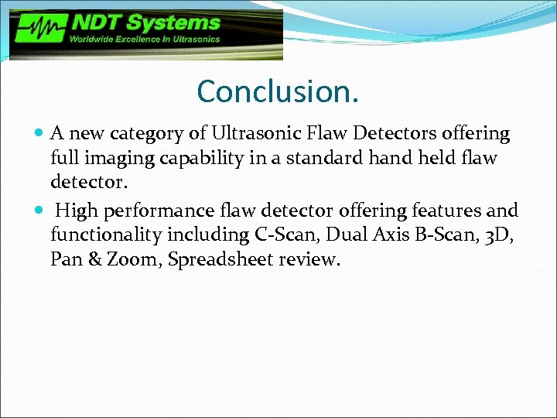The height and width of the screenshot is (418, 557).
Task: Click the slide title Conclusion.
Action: [x=278, y=91]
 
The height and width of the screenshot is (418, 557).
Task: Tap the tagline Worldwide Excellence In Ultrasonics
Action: [x=145, y=39]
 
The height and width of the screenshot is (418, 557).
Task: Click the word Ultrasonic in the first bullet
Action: [x=248, y=134]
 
